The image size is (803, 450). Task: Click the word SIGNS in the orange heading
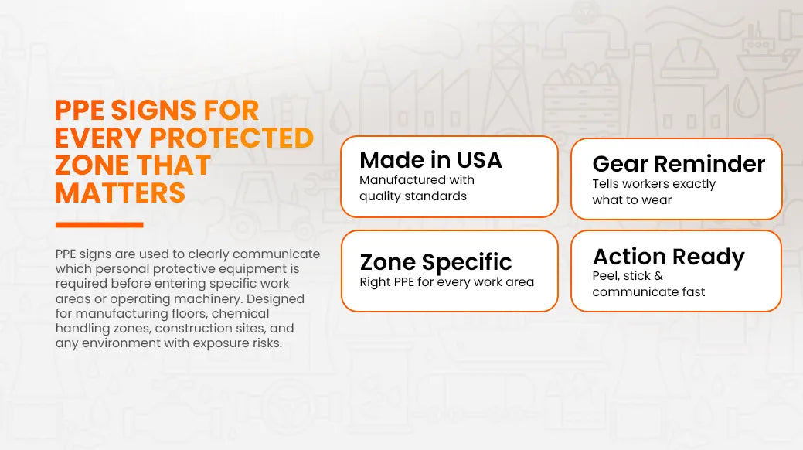click(x=153, y=111)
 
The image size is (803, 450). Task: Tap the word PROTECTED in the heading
click(x=232, y=138)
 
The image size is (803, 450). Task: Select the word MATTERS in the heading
click(x=120, y=193)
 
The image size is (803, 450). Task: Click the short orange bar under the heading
click(x=100, y=224)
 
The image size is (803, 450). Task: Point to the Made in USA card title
click(x=430, y=160)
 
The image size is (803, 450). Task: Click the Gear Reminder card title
click(x=679, y=164)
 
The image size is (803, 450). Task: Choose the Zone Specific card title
click(x=436, y=262)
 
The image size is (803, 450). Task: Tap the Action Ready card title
click(x=669, y=257)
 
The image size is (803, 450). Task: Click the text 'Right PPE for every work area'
click(x=447, y=282)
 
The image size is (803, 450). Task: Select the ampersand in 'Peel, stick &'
click(x=658, y=276)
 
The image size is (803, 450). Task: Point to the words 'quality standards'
click(x=413, y=196)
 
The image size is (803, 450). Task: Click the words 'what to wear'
click(x=631, y=200)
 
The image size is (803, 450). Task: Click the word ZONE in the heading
click(x=91, y=165)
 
